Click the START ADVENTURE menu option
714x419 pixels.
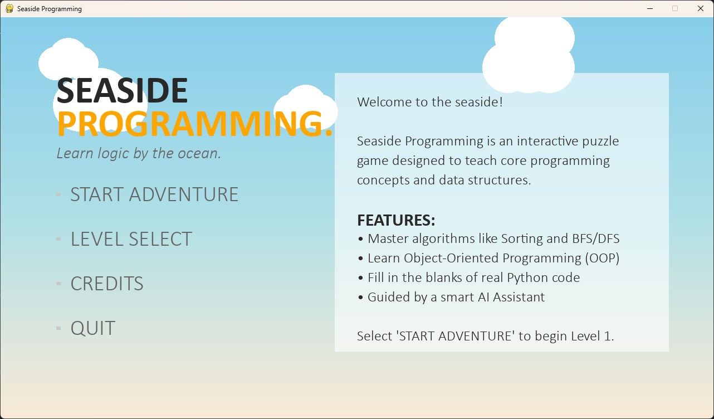click(154, 194)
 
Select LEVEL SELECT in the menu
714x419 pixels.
click(131, 239)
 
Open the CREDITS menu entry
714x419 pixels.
click(107, 284)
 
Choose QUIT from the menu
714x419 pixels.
click(93, 328)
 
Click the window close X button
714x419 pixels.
click(700, 8)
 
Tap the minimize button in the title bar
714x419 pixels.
click(650, 8)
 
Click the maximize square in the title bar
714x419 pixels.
click(675, 8)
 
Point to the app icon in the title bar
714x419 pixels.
click(9, 8)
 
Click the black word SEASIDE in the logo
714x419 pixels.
click(122, 91)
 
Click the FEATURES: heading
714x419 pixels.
click(396, 220)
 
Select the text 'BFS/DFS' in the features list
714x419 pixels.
click(596, 238)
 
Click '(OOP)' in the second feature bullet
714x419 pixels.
click(602, 259)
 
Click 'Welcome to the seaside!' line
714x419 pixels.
click(430, 102)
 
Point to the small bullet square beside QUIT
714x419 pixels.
click(58, 328)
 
